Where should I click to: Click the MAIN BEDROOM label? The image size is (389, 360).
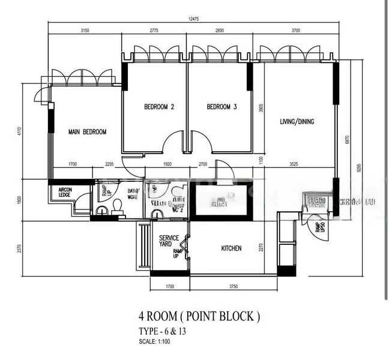[87, 132]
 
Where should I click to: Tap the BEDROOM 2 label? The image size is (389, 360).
[159, 107]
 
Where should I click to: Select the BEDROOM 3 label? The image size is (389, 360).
[222, 107]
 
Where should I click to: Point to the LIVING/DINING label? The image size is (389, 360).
[297, 122]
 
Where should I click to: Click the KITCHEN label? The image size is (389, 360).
[231, 248]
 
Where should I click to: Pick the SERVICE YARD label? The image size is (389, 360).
[169, 241]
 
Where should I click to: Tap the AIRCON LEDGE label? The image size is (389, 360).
[65, 192]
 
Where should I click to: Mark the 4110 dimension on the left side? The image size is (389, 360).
[19, 132]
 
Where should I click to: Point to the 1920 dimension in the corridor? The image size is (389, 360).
[167, 163]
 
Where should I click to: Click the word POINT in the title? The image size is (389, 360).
[198, 316]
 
